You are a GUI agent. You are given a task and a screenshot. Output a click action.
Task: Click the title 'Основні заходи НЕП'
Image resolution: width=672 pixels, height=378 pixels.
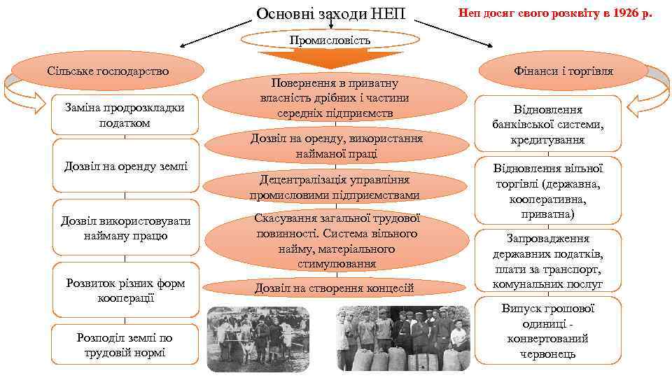[x=331, y=13]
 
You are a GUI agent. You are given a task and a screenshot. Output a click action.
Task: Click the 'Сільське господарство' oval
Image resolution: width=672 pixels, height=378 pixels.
[x=108, y=71]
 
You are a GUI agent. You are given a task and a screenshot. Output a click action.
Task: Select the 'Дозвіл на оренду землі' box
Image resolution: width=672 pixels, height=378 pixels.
[x=125, y=167]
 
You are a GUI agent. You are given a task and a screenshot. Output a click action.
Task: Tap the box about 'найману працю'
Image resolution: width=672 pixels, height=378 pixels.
[x=125, y=228]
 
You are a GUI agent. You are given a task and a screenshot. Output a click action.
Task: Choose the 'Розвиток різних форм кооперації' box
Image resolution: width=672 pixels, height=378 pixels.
[x=125, y=290]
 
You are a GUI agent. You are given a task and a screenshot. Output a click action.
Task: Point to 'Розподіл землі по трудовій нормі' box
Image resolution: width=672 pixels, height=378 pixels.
[x=125, y=344]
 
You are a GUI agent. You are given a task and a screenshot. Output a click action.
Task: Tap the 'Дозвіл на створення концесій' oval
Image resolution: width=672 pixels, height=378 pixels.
[x=335, y=288]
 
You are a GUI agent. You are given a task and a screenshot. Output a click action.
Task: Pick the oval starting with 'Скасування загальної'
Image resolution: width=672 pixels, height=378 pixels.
[x=335, y=241]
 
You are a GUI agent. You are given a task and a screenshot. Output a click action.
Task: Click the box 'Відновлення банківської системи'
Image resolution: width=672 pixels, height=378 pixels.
[x=547, y=124]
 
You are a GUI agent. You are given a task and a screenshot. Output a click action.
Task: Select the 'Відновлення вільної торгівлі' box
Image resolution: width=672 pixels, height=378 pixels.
[x=547, y=190]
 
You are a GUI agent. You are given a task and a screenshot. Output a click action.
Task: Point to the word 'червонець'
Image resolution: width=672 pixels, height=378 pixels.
[x=547, y=354]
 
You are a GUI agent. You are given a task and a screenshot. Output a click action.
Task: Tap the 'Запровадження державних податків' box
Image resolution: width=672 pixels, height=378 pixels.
[x=547, y=261]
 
